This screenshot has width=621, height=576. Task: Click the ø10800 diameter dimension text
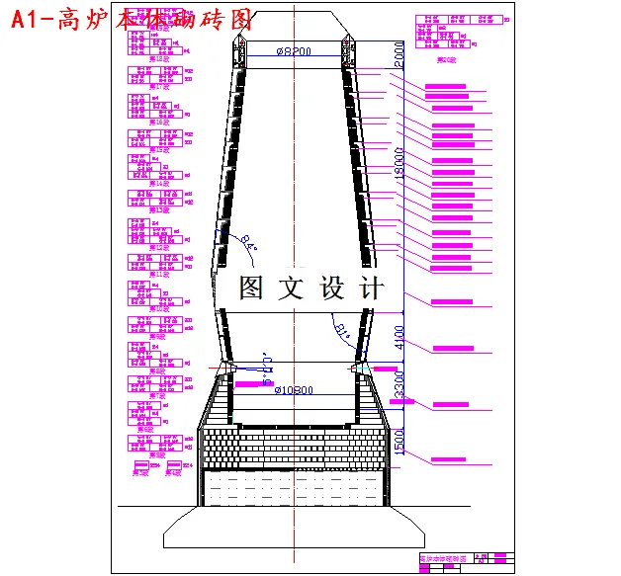[x=294, y=389]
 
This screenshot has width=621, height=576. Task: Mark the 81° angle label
[x=342, y=329]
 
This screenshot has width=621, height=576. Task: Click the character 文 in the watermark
[x=292, y=288]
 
